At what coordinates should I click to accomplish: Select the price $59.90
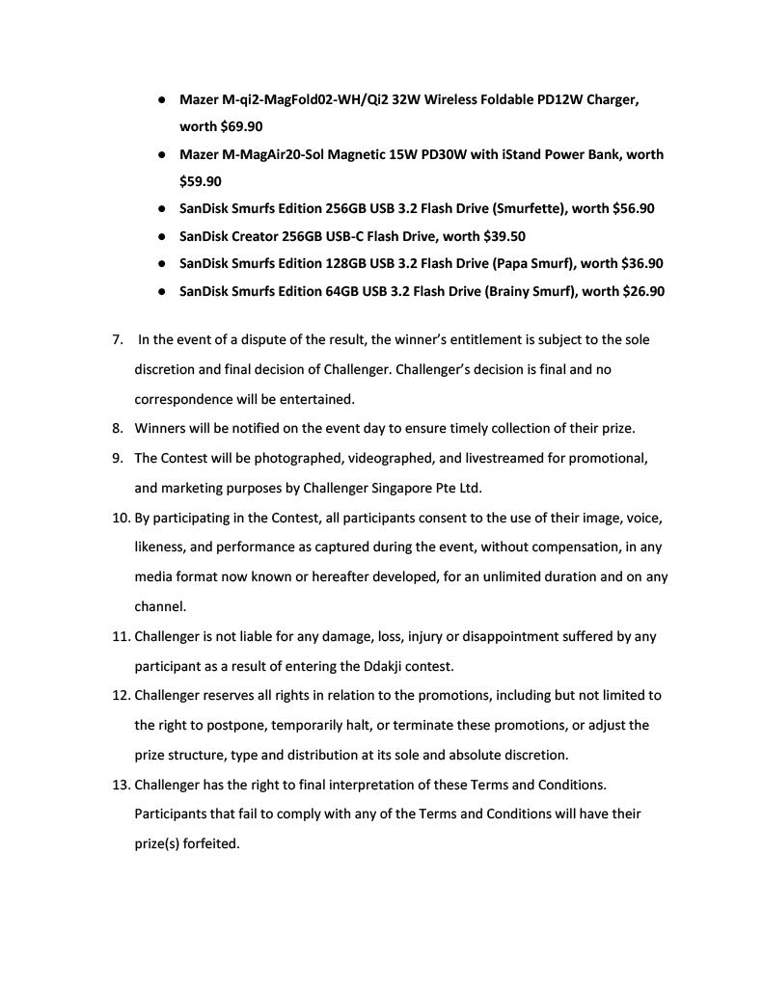[201, 180]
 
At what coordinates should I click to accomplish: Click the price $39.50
[504, 236]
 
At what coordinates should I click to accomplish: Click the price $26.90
[643, 291]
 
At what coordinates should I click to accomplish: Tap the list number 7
[118, 339]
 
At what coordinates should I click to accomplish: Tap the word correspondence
[183, 399]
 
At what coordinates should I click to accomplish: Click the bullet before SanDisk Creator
[165, 236]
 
